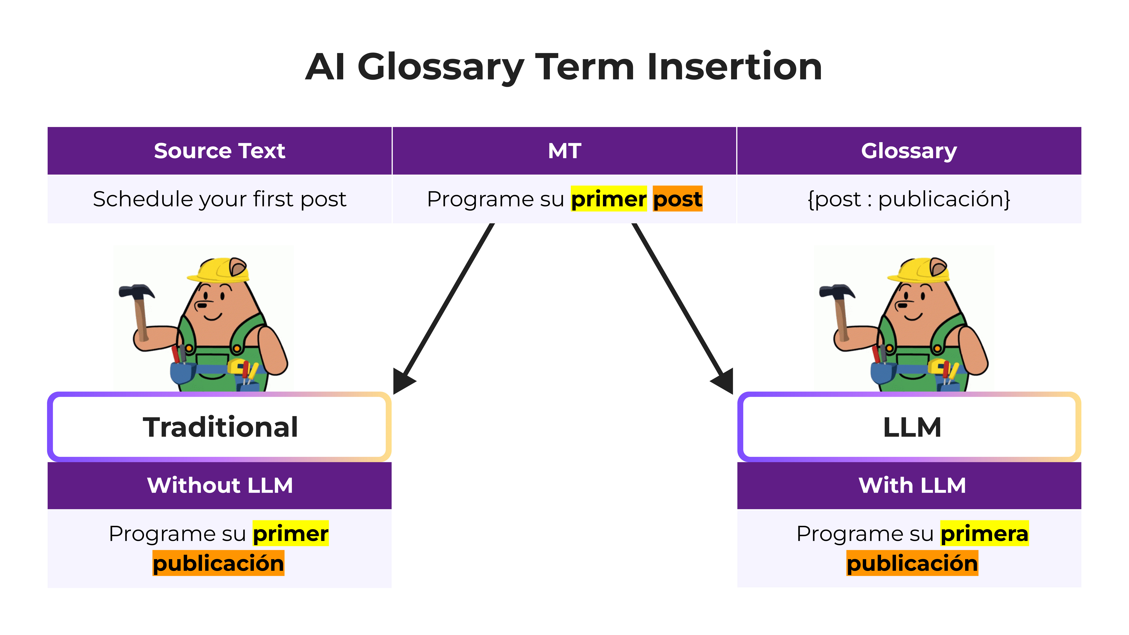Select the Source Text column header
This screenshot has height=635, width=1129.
click(220, 151)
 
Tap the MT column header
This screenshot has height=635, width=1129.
click(564, 151)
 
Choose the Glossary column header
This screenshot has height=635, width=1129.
click(909, 151)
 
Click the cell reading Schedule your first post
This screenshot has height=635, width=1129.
click(220, 199)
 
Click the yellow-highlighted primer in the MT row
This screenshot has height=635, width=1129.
click(608, 199)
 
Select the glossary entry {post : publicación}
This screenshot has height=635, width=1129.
click(909, 199)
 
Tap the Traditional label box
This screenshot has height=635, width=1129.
click(220, 427)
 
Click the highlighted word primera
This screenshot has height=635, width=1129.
click(984, 533)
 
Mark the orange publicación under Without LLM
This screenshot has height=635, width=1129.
click(218, 563)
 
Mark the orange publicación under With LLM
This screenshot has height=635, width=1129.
click(912, 563)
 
